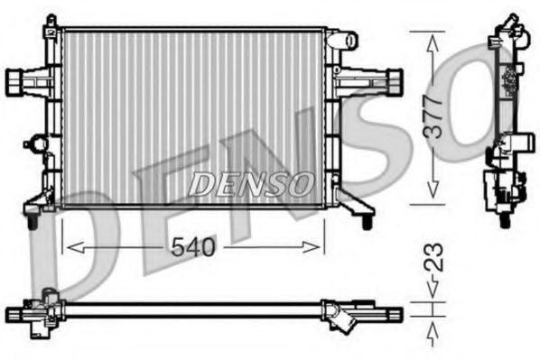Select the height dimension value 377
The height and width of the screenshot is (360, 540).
click(x=435, y=116)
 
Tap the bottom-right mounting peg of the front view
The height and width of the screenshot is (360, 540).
click(x=367, y=219)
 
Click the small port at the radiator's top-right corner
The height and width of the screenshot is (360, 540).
click(x=343, y=40)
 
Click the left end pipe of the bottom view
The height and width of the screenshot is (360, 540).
click(x=18, y=313)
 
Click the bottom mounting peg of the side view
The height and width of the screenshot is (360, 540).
click(x=504, y=217)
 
